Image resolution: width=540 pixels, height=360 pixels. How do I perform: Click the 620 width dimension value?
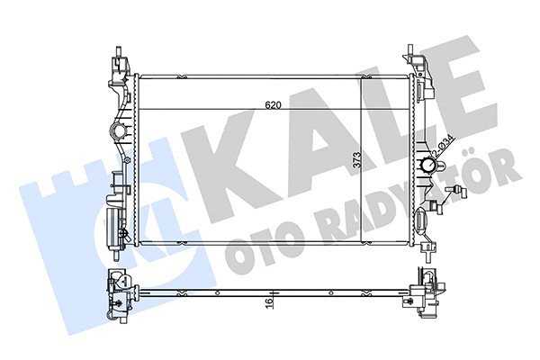pyautogui.click(x=273, y=105)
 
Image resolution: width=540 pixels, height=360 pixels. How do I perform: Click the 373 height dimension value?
pyautogui.click(x=356, y=162)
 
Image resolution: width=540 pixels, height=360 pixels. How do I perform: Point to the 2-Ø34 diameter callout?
pyautogui.click(x=445, y=147)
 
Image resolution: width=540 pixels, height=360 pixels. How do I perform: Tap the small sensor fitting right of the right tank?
pyautogui.click(x=462, y=192)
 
